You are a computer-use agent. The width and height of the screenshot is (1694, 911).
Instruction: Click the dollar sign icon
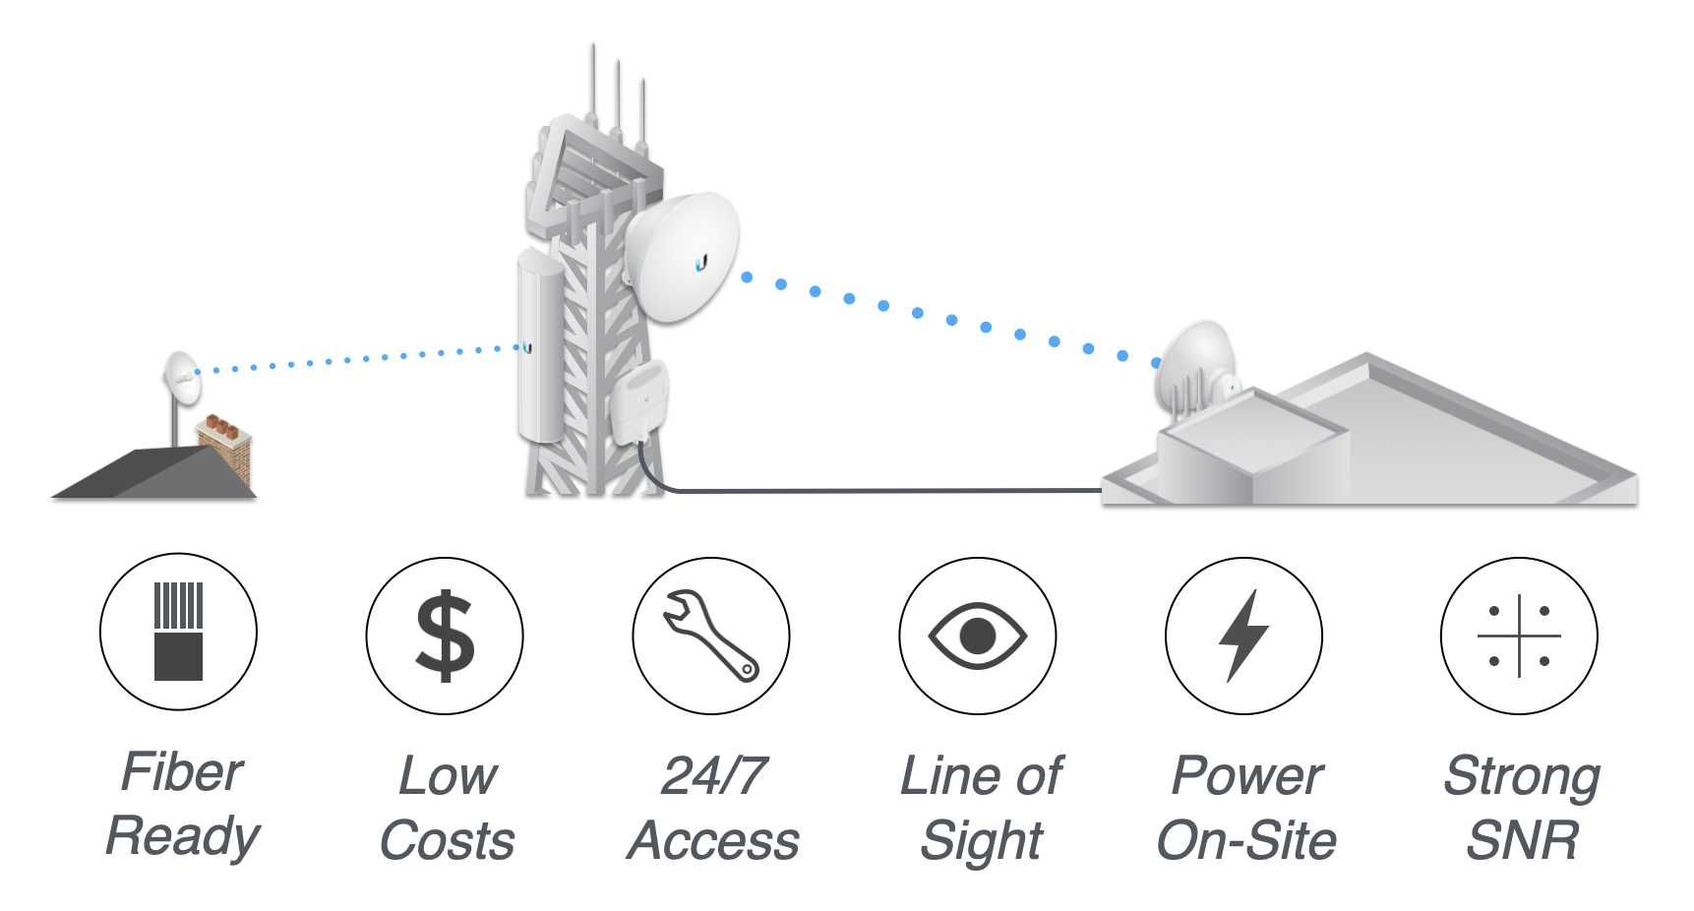pyautogui.click(x=445, y=636)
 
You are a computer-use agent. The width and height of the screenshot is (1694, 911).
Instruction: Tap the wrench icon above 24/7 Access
pyautogui.click(x=710, y=635)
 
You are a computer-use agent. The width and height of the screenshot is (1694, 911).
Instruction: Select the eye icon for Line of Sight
pyautogui.click(x=977, y=636)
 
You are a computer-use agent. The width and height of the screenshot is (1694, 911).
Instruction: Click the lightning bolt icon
pyautogui.click(x=1243, y=636)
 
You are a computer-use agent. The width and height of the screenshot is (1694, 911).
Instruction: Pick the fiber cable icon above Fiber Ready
pyautogui.click(x=178, y=631)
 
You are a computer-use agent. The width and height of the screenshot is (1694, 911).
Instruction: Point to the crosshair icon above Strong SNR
pyautogui.click(x=1519, y=636)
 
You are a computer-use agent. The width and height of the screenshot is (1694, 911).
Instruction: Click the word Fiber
pyautogui.click(x=182, y=771)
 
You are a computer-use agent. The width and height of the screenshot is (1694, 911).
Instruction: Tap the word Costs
pyautogui.click(x=448, y=841)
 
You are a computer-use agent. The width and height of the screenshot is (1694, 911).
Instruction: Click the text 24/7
pyautogui.click(x=714, y=776)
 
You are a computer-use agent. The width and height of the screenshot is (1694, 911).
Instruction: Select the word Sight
pyautogui.click(x=981, y=841)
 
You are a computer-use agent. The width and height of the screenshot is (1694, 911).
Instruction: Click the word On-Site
pyautogui.click(x=1246, y=841)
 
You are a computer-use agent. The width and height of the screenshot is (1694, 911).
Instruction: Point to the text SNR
pyautogui.click(x=1522, y=841)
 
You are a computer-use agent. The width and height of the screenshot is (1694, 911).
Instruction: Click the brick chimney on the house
pyautogui.click(x=226, y=448)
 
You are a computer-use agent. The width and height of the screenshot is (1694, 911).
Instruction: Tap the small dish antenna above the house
pyautogui.click(x=182, y=377)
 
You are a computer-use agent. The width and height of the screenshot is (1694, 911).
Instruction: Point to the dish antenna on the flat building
pyautogui.click(x=1195, y=369)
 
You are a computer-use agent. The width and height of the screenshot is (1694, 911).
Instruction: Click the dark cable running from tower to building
pyautogui.click(x=885, y=490)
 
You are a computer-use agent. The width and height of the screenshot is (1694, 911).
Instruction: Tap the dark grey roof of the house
pyautogui.click(x=148, y=474)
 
